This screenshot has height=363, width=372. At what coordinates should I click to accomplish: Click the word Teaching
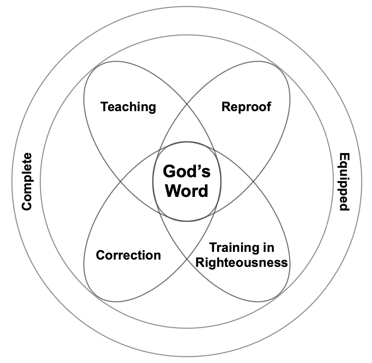[x=128, y=107]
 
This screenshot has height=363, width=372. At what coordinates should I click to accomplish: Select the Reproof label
[x=246, y=107]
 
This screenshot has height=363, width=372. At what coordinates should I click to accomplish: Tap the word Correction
[x=128, y=255]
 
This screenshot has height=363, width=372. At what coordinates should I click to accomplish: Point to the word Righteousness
[x=242, y=262]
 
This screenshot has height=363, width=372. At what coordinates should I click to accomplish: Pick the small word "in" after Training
[x=269, y=248]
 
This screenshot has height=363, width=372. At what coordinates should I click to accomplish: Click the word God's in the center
[x=186, y=172]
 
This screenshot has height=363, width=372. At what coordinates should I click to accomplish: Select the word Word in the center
[x=186, y=191]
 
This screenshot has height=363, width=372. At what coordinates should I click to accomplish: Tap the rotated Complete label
[x=27, y=181]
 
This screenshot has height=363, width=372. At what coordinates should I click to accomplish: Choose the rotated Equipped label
[x=344, y=182]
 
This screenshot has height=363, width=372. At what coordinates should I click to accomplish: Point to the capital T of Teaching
[x=104, y=107]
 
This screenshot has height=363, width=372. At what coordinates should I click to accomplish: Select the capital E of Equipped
[x=344, y=157]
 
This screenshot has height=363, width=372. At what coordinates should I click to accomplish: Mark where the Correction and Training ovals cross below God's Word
[x=187, y=258]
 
